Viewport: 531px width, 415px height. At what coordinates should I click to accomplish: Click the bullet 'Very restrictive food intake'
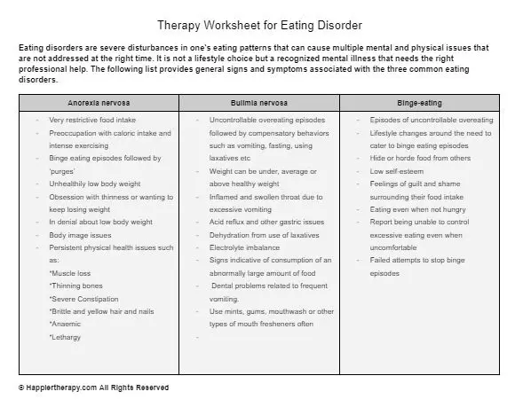(92, 120)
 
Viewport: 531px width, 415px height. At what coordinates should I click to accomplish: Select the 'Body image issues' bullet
(81, 235)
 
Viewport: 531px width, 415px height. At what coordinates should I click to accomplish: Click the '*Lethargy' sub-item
(68, 337)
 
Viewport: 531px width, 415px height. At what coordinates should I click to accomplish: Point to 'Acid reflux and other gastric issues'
(266, 222)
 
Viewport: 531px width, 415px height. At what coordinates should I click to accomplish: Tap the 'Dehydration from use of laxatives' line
(265, 235)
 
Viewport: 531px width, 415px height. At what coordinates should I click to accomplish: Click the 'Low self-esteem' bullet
(401, 170)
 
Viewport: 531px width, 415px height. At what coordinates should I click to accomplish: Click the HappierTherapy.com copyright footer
(93, 388)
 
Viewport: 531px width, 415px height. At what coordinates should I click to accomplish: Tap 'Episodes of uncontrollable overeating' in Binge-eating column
(432, 120)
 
